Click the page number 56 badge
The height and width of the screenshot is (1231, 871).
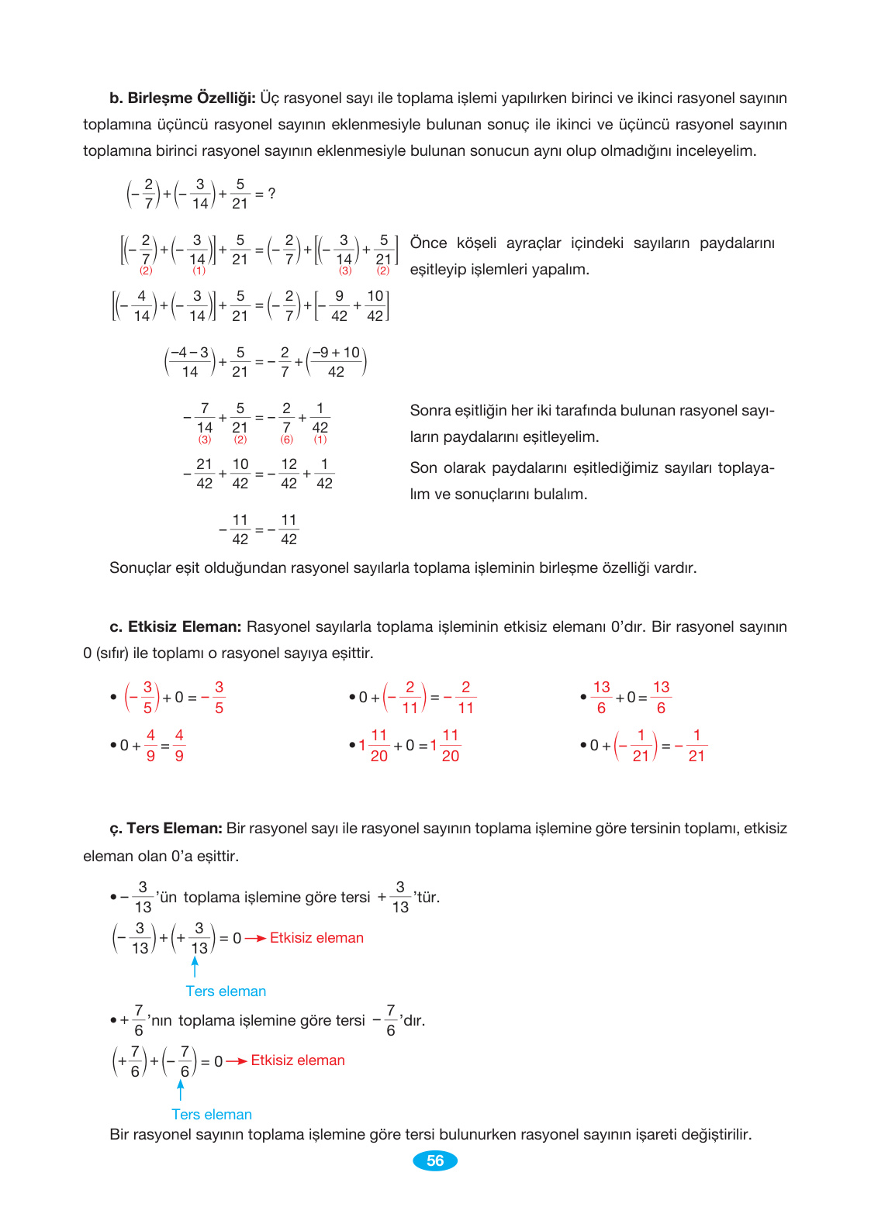(435, 1160)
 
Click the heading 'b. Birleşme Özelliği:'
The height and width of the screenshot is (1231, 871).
(182, 98)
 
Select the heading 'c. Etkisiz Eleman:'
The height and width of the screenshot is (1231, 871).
(175, 626)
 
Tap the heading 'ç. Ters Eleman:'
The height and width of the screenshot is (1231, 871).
(166, 829)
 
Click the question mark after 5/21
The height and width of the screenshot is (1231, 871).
(271, 193)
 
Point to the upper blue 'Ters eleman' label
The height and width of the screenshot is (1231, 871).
(226, 991)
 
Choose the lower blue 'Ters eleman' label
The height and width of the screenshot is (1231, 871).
(212, 1115)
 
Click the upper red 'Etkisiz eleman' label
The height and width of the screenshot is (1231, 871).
(316, 938)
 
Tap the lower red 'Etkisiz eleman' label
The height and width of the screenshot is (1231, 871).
(298, 1060)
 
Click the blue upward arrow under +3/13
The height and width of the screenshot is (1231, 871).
(195, 967)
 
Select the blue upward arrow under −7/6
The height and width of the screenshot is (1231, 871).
(181, 1090)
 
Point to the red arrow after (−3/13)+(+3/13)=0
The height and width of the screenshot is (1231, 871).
(255, 939)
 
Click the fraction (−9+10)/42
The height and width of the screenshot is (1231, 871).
(336, 362)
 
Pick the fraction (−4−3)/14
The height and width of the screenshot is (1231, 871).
(190, 362)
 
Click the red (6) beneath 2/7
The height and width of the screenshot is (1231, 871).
(287, 440)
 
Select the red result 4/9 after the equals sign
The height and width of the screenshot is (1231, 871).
(179, 746)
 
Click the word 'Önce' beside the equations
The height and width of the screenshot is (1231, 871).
(428, 243)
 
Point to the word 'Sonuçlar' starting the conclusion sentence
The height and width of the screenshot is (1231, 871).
(140, 568)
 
